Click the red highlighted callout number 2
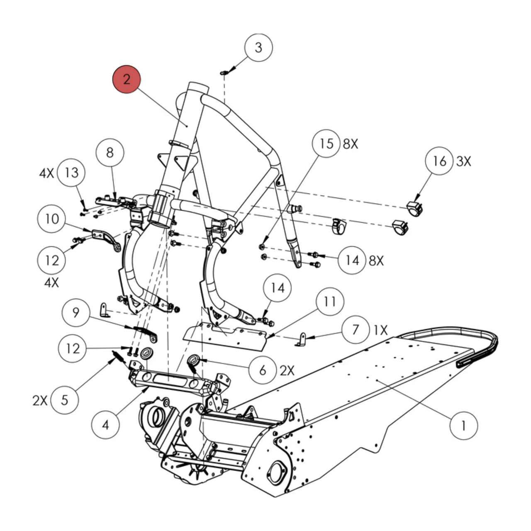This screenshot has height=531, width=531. (x=127, y=79)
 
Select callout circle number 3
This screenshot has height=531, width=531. (x=258, y=47)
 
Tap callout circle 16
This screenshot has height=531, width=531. (x=440, y=161)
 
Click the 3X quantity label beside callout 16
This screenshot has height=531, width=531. (x=464, y=161)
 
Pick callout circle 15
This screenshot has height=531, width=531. (x=326, y=144)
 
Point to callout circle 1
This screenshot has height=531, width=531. (x=463, y=425)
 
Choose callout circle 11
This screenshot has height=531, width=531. (x=329, y=302)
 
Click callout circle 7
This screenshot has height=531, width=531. (x=356, y=330)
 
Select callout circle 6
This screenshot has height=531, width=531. (x=262, y=370)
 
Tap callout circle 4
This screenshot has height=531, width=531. (x=106, y=425)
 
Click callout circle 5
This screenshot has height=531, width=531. (x=65, y=400)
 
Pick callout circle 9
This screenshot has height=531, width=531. (x=76, y=312)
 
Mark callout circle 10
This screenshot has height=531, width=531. (x=52, y=219)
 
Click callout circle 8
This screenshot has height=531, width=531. (x=110, y=153)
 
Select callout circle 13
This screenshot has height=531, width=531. (x=71, y=173)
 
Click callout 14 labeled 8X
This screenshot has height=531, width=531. (x=352, y=260)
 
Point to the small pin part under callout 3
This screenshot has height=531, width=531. (x=224, y=73)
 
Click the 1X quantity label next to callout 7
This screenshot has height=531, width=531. (x=380, y=330)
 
